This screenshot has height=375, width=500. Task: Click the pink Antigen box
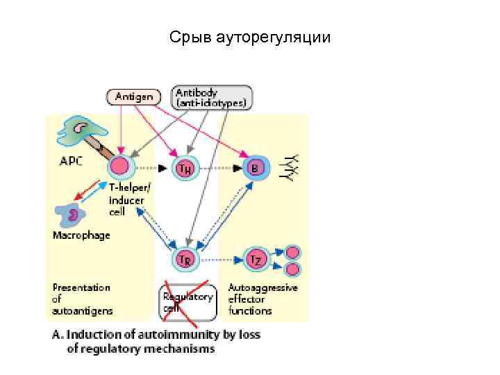click(133, 97)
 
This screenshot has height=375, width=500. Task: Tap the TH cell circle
click(185, 167)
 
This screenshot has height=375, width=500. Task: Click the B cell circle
click(256, 167)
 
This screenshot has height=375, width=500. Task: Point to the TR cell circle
click(185, 260)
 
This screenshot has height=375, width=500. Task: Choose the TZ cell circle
click(256, 260)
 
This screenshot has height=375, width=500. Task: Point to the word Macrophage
click(81, 235)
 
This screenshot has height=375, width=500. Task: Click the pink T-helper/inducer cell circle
click(119, 167)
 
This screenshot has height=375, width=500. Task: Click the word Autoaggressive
click(263, 287)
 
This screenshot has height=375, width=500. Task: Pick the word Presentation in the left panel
click(81, 287)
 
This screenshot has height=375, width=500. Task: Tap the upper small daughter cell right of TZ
click(292, 253)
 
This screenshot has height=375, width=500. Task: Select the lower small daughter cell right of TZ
click(292, 268)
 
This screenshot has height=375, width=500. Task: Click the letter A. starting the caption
click(58, 335)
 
